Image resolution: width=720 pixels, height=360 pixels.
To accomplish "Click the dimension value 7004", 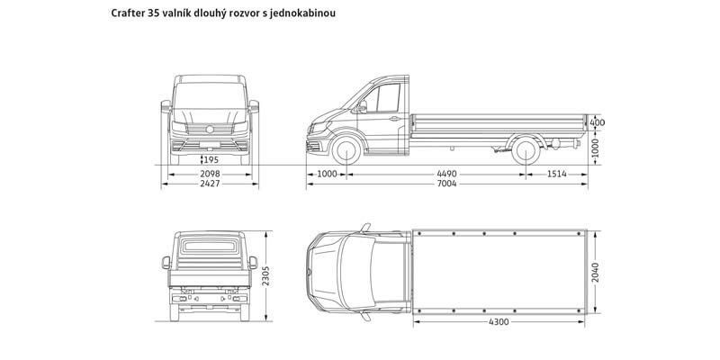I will (447, 184).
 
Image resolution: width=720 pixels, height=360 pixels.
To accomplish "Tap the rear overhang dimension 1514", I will (556, 173).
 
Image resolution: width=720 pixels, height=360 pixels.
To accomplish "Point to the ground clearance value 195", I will (210, 159).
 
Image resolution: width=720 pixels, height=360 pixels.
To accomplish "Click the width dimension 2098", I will (209, 173).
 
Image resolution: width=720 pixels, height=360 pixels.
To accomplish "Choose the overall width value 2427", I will (209, 184).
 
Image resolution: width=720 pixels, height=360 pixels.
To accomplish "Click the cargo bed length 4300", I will (500, 321).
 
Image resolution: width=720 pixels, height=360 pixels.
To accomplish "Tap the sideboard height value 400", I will (598, 122).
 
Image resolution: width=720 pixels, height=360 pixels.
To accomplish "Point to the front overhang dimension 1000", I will (327, 173).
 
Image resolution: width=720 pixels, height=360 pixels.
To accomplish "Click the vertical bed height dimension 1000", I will (595, 147).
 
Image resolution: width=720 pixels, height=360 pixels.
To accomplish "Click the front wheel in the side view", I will (346, 151).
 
